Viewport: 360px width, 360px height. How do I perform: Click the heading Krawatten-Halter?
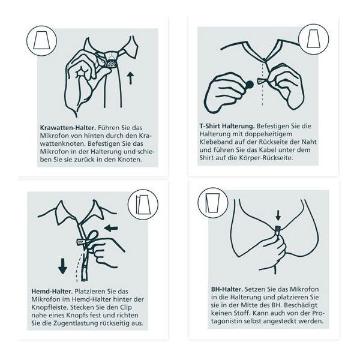pos(68,128)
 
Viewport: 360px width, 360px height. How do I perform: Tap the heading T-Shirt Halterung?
pos(227,126)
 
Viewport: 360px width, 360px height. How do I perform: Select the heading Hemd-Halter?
pos(52,292)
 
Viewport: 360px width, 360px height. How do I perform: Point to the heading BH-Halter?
pos(227,289)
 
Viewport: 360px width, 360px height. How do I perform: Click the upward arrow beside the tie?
pos(130,78)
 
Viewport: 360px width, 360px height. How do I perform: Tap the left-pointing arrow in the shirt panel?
pos(111,228)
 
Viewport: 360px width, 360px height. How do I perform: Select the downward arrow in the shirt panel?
pos(62,266)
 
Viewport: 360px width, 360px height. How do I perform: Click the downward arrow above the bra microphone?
pos(278,215)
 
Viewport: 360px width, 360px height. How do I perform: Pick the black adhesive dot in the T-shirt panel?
pos(250,85)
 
